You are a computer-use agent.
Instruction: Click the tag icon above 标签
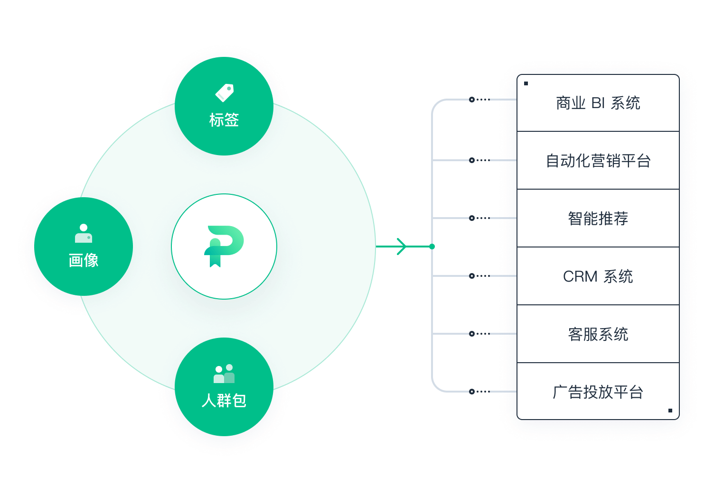225,93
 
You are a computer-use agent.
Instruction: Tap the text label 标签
224,120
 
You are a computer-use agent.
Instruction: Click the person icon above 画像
84,233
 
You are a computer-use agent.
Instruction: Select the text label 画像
84,260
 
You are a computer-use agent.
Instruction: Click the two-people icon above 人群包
224,374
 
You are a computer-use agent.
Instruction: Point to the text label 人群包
224,401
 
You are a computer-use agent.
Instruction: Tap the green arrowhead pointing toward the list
402,247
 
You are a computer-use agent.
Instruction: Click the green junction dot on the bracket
432,247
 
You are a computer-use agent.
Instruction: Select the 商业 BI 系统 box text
598,103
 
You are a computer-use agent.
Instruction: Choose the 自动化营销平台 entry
598,161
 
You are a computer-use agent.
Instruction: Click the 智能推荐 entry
598,219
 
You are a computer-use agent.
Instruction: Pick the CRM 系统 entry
598,276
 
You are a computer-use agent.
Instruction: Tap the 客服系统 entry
598,334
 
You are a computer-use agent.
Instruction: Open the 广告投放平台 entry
598,392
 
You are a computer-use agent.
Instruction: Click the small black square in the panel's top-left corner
526,83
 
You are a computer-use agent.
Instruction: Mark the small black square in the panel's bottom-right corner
670,411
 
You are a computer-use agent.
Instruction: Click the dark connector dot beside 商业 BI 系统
471,100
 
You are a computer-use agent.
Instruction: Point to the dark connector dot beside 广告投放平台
471,392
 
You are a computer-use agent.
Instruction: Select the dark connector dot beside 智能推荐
471,218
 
